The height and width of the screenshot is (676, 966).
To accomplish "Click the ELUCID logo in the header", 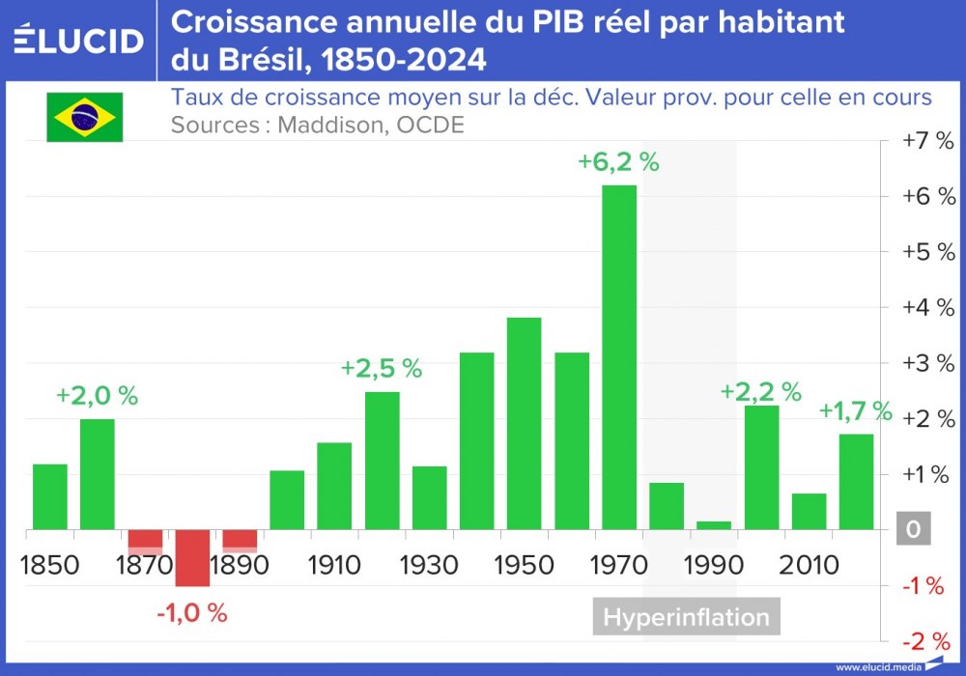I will click(78, 40).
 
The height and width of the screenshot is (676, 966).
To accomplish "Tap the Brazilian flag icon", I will click(84, 117).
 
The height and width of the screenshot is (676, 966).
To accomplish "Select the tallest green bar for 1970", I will click(619, 357).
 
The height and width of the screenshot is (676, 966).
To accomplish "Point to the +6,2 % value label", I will click(618, 162).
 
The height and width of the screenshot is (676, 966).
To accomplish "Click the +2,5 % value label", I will click(382, 368).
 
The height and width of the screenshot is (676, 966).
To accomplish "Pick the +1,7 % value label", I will click(855, 410).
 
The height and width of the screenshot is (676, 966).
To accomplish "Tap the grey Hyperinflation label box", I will click(686, 617).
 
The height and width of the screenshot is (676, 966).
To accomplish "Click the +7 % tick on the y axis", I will click(926, 141).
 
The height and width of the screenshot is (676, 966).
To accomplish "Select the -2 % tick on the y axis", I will click(926, 640).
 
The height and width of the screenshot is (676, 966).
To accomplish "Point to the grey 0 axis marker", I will click(912, 530).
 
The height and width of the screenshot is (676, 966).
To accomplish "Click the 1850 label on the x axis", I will click(50, 565).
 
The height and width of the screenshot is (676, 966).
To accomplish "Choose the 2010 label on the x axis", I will click(810, 565).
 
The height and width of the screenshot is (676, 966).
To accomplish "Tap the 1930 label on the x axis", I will click(430, 565).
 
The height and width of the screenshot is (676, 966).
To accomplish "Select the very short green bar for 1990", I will click(714, 525).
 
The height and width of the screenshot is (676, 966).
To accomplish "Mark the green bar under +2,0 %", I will click(97, 474).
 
